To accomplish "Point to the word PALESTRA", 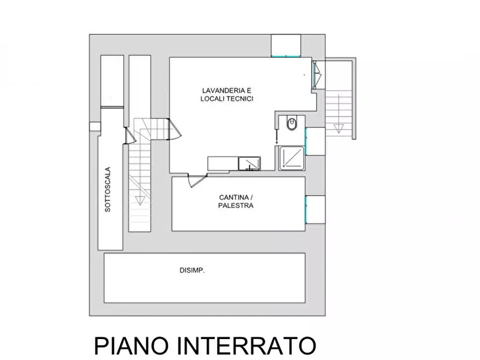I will (x=236, y=205).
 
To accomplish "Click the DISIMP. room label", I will (x=192, y=271).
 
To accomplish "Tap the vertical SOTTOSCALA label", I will (x=108, y=189).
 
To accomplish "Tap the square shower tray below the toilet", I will (x=291, y=158).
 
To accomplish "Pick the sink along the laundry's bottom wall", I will (x=249, y=163).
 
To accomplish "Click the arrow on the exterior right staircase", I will (x=339, y=128).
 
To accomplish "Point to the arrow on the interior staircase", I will (x=140, y=200).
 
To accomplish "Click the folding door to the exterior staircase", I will (x=316, y=74).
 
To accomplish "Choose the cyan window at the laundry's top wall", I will (x=285, y=56).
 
